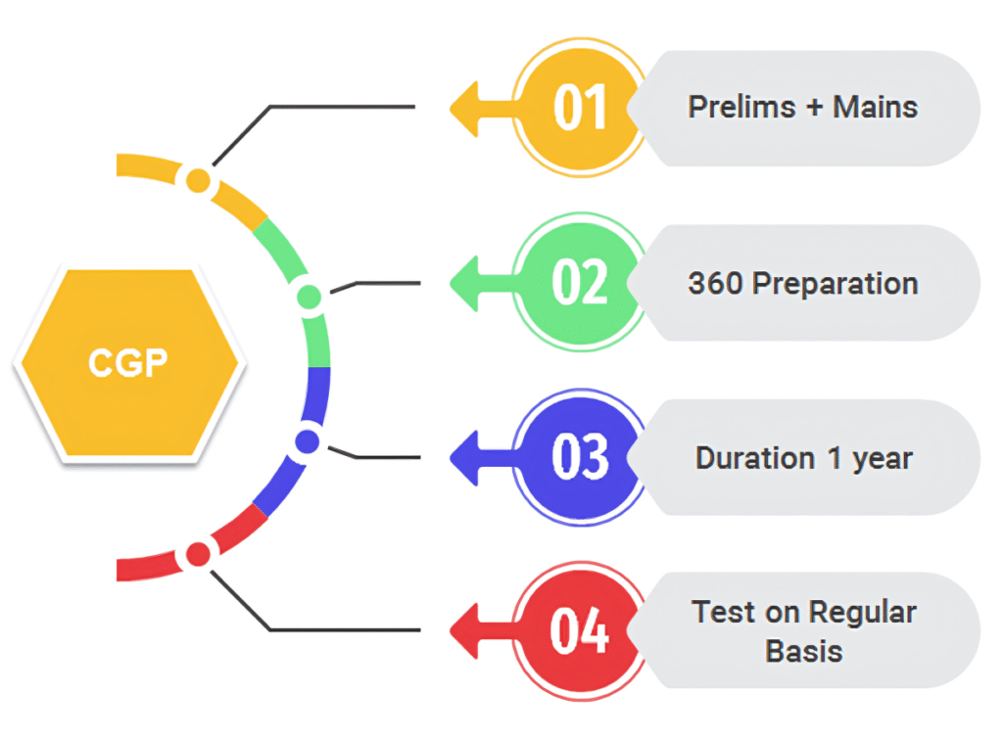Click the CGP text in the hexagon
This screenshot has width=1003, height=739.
128,363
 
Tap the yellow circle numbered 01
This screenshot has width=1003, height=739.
581,108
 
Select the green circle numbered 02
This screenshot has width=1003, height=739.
581,282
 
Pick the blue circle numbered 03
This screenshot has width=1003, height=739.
581,457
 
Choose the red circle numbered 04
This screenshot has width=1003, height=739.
581,631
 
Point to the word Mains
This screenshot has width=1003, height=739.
875,107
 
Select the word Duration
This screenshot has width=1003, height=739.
755,458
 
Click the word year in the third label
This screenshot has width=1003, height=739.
883,460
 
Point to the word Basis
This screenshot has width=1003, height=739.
804,652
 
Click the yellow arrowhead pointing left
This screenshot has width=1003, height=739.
464,109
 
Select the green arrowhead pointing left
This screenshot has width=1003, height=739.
464,283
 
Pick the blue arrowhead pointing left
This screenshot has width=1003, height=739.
464,458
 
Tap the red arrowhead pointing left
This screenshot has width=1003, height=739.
464,631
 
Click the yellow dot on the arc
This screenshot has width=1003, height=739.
198,181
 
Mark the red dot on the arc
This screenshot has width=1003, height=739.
198,554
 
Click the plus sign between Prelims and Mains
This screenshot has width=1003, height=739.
814,108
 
